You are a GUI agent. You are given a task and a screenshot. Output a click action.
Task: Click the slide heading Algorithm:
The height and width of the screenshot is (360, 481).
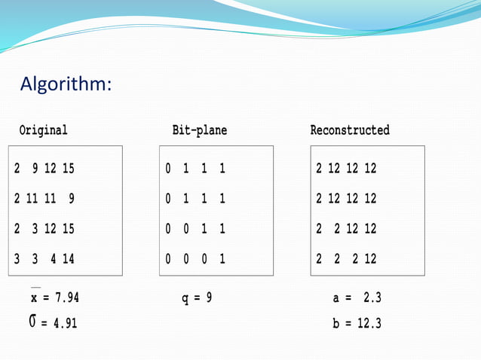(x=66, y=83)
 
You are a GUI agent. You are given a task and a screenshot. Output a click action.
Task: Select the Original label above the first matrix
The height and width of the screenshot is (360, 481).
(x=43, y=130)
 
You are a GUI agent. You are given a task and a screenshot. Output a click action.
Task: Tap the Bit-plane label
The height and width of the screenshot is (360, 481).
(x=199, y=130)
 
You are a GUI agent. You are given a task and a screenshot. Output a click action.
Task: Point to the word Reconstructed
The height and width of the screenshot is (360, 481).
(x=350, y=130)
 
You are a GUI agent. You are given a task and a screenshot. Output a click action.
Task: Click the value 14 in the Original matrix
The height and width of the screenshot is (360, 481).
(x=68, y=259)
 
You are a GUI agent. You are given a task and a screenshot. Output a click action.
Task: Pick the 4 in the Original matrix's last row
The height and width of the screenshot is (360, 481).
(x=53, y=259)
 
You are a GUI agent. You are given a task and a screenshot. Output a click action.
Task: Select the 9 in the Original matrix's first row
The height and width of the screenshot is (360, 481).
(x=35, y=169)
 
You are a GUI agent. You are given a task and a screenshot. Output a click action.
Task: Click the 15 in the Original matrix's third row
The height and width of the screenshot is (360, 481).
(x=68, y=229)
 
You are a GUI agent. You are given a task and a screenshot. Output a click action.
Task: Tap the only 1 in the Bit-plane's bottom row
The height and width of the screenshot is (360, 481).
(x=222, y=259)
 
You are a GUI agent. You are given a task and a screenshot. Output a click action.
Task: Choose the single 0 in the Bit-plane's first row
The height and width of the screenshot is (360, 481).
(x=168, y=169)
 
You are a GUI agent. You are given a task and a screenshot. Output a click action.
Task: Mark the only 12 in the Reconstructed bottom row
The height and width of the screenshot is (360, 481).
(x=369, y=259)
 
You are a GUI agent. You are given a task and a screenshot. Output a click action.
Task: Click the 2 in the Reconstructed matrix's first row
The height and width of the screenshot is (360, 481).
(x=319, y=169)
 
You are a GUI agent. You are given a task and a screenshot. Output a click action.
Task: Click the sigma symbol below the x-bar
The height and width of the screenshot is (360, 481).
(x=32, y=322)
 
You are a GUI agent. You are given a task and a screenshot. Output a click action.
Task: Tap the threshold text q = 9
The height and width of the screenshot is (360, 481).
(x=197, y=298)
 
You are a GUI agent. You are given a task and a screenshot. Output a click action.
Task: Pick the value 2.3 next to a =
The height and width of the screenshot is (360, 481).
(x=372, y=298)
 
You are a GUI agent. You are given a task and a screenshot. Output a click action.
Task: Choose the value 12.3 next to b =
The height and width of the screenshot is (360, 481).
(x=369, y=324)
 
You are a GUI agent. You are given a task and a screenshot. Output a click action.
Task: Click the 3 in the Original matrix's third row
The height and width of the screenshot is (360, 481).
(x=35, y=229)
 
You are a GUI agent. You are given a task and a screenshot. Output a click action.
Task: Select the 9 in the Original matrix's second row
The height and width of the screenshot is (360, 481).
(x=71, y=199)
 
